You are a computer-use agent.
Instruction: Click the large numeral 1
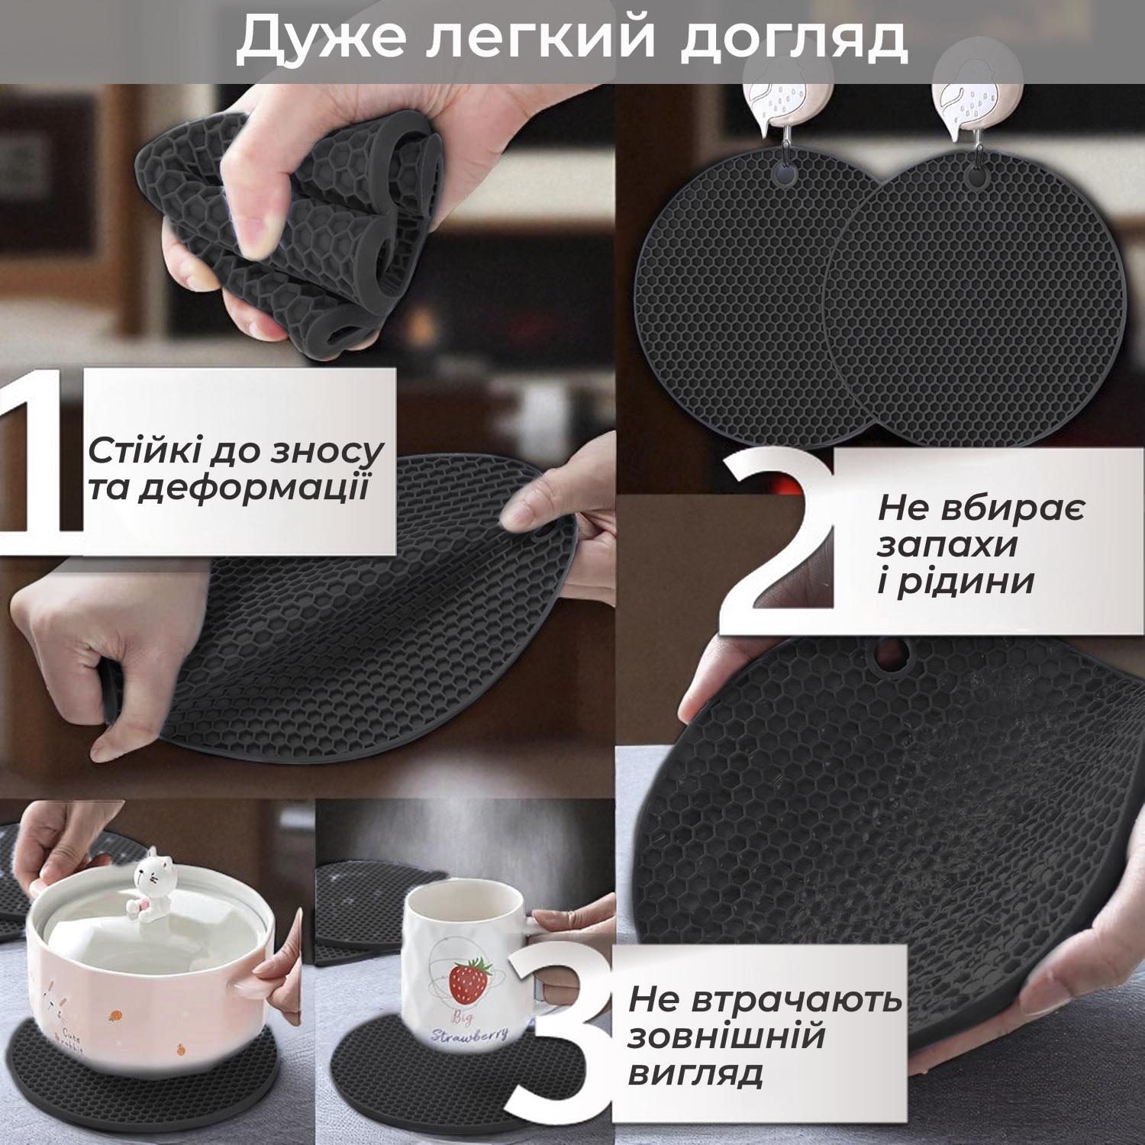(42, 450)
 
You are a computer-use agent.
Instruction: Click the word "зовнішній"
(726, 1037)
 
